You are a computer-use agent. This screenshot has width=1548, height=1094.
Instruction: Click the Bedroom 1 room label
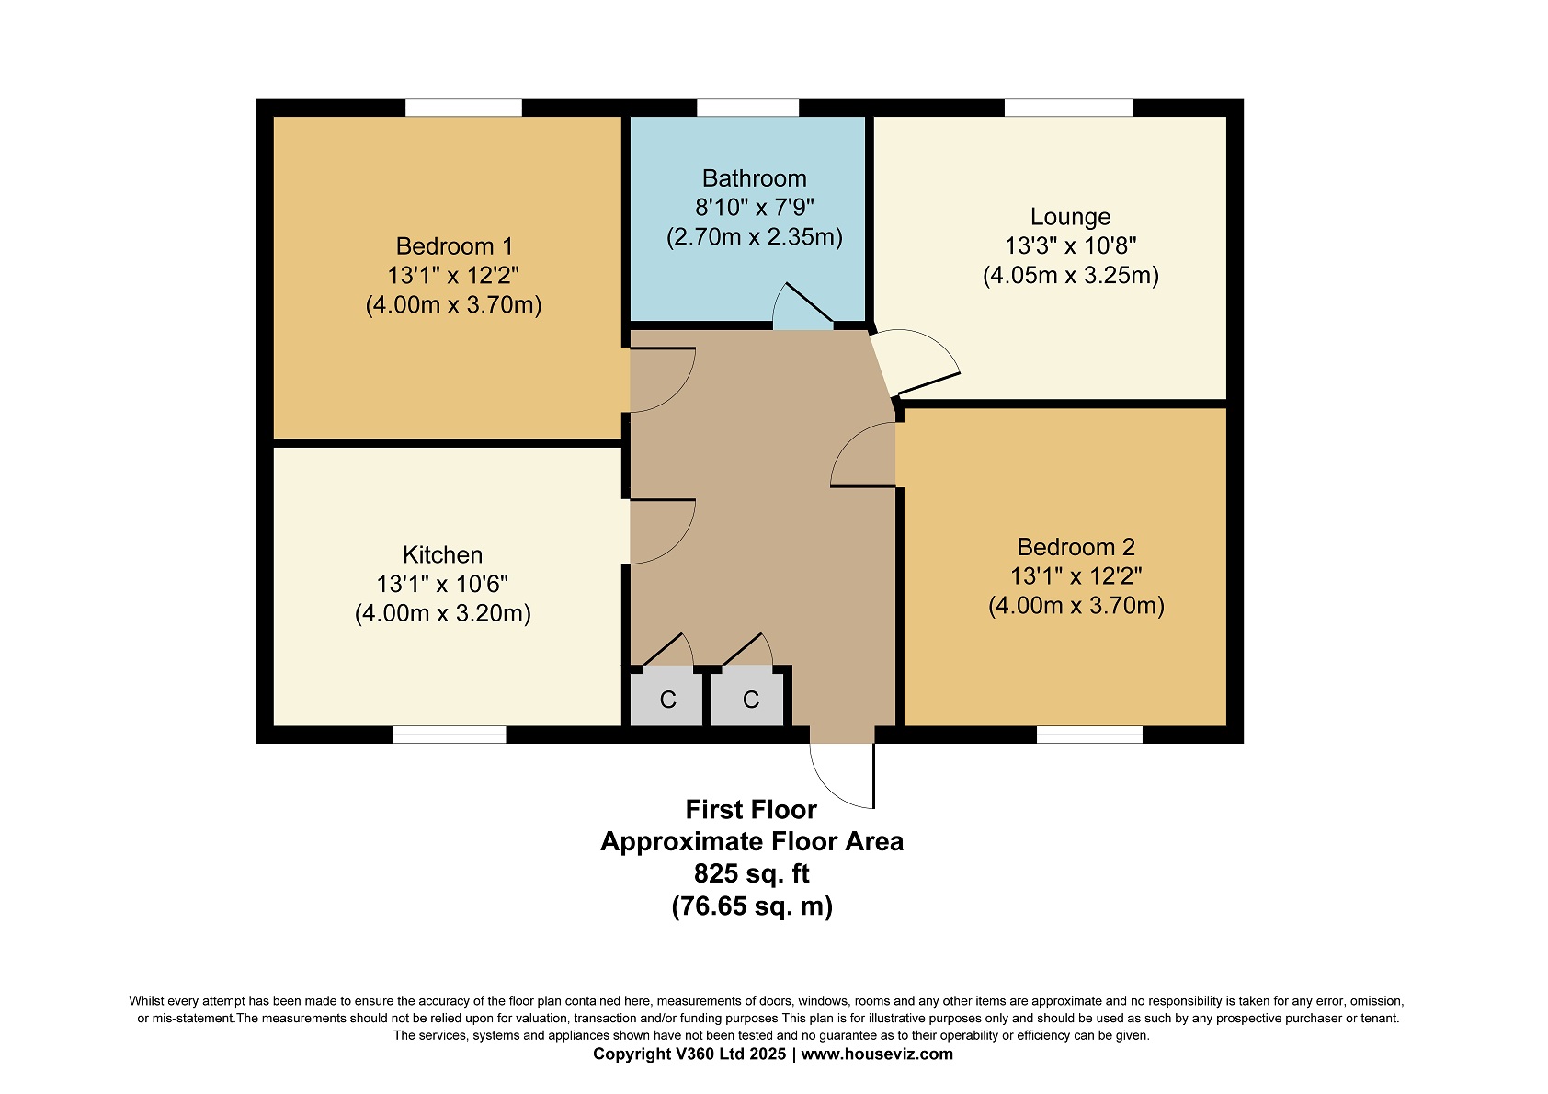454,246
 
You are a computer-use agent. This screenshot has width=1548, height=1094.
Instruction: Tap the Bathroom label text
754,178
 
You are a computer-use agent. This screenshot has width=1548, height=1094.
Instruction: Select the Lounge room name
1071,217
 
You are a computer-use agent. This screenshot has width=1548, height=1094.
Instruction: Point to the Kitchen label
442,554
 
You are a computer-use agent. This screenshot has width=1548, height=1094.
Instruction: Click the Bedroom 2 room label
1076,547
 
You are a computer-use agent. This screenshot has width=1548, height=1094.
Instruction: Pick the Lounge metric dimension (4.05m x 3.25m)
1071,275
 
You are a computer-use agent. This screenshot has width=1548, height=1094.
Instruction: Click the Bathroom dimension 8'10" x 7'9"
754,207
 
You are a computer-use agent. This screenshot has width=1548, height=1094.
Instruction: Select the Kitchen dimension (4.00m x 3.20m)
442,613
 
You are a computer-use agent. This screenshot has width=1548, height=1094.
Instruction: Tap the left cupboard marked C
666,699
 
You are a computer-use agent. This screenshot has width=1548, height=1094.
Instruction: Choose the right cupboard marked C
750,699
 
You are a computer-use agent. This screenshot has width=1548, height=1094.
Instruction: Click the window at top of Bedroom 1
463,108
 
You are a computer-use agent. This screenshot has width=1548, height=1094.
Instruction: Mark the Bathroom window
747,108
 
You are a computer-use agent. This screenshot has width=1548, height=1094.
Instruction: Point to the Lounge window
1069,108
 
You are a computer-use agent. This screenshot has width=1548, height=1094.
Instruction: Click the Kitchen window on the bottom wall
450,735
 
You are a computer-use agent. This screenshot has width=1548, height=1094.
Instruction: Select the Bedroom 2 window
1089,735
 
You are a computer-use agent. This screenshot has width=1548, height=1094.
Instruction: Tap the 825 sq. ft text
751,873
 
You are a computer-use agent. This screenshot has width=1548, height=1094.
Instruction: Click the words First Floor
751,809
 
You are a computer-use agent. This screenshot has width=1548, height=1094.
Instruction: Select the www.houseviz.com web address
877,1054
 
